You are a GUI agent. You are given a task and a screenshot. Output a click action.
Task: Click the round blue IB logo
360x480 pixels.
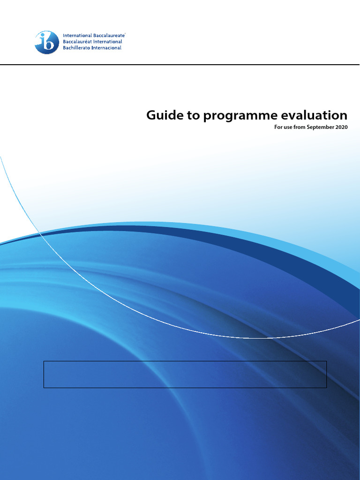(x=46, y=42)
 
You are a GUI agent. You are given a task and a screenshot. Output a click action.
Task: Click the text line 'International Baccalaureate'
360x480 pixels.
(x=94, y=36)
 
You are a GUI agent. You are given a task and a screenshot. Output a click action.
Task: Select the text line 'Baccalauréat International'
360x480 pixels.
(x=92, y=42)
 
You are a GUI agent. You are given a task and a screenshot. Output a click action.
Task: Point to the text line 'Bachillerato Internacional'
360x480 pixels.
(x=92, y=48)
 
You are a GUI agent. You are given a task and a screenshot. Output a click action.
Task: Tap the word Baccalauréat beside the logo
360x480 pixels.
(x=78, y=42)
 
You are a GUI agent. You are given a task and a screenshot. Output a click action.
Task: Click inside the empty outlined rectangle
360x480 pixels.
(x=185, y=374)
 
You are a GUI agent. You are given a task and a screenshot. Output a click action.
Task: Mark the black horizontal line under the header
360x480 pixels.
(x=180, y=64)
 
